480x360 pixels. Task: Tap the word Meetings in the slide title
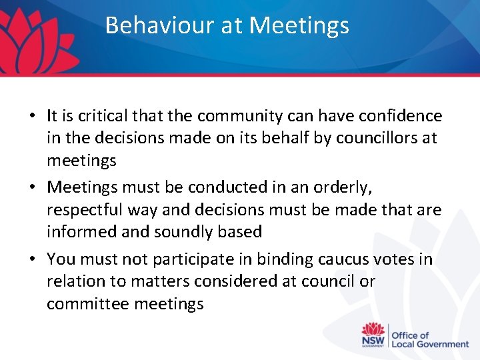[299, 25]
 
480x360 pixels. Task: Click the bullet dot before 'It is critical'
[32, 116]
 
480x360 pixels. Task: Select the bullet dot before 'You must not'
[32, 259]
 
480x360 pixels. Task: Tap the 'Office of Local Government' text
[429, 339]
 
